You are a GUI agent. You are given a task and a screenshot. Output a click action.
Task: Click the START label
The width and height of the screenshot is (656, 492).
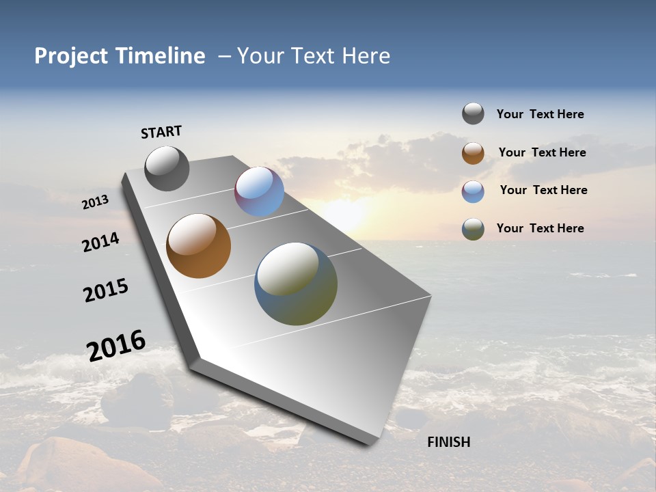pyautogui.click(x=161, y=132)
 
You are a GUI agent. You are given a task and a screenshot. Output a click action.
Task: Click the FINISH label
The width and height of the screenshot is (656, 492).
pyautogui.click(x=449, y=442)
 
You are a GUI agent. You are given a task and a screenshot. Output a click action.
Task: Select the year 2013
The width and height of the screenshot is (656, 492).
pyautogui.click(x=95, y=202)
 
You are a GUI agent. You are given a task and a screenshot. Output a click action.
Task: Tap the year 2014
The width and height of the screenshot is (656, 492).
pyautogui.click(x=101, y=243)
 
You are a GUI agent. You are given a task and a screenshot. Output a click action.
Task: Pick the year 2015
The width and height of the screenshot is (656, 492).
pyautogui.click(x=106, y=290)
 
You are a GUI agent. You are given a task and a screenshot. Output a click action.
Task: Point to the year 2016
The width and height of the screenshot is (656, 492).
pyautogui.click(x=116, y=346)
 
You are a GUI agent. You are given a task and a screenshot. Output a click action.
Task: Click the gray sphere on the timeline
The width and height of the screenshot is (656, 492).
pyautogui.click(x=167, y=168)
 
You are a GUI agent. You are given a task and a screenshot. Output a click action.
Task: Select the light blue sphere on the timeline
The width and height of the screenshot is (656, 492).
pyautogui.click(x=259, y=191)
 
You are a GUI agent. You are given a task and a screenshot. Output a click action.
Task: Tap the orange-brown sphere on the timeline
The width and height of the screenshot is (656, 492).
pyautogui.click(x=198, y=246)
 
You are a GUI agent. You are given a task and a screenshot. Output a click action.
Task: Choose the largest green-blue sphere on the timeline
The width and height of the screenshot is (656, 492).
pyautogui.click(x=296, y=284)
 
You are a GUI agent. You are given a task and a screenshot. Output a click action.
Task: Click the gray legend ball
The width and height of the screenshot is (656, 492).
pyautogui.click(x=473, y=113)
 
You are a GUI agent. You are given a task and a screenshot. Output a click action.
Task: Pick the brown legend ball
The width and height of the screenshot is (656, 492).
pyautogui.click(x=473, y=153)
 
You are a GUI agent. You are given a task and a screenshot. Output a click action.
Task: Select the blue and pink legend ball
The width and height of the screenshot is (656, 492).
pyautogui.click(x=473, y=191)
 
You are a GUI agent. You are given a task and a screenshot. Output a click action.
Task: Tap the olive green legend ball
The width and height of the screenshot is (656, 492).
pyautogui.click(x=473, y=229)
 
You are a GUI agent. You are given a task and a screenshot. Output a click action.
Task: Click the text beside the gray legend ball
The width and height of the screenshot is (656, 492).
pyautogui.click(x=540, y=114)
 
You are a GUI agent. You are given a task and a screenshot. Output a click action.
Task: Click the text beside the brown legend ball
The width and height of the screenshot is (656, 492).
pyautogui.click(x=542, y=152)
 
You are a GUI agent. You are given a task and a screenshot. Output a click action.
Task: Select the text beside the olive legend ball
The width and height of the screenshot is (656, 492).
pyautogui.click(x=540, y=228)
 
